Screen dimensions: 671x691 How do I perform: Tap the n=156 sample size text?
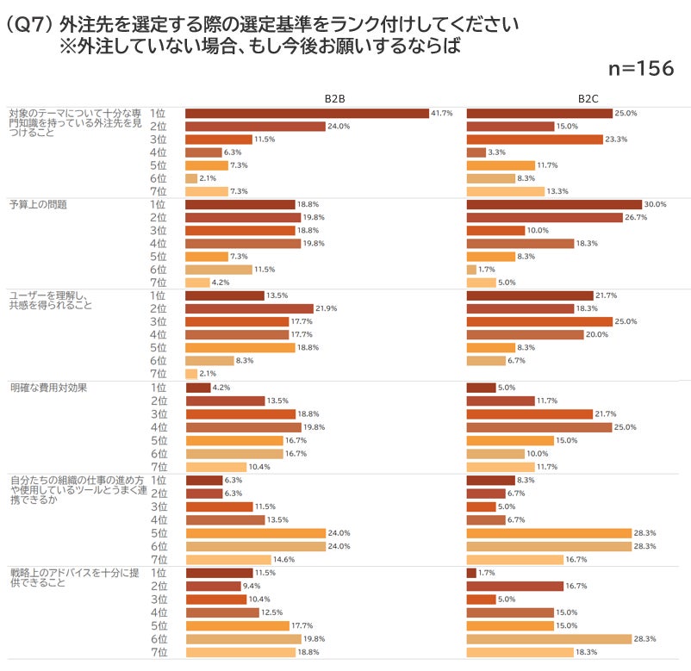[x=640, y=69]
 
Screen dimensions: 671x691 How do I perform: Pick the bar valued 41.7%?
[x=307, y=113]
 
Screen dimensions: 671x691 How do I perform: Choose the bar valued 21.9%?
[x=249, y=308]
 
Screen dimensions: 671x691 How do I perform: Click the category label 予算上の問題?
[x=38, y=205]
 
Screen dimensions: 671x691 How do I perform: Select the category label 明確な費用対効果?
[x=48, y=388]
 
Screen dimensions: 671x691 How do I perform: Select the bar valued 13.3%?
[x=505, y=191]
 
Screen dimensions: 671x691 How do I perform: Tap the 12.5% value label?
[x=272, y=612]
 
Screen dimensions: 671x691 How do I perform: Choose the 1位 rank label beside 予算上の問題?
[x=158, y=204]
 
